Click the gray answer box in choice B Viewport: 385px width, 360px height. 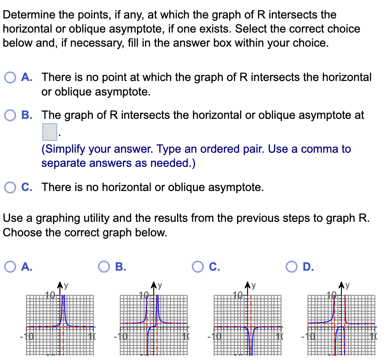(x=49, y=132)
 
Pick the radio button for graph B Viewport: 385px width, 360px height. (x=104, y=266)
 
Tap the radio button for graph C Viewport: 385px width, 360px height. (x=198, y=266)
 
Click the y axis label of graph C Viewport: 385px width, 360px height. (x=254, y=285)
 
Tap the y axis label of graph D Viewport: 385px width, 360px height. (x=348, y=285)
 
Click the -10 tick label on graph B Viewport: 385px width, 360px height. (x=119, y=338)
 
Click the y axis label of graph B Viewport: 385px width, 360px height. (x=160, y=285)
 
